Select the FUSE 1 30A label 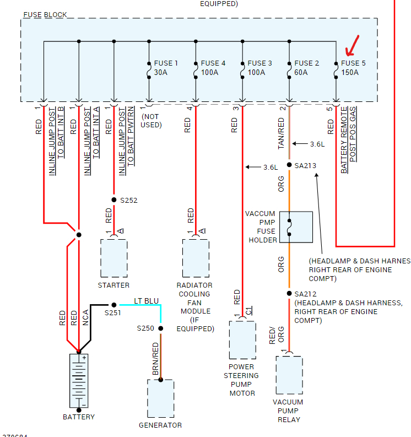[165, 68]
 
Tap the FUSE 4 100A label [212, 68]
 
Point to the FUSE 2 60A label [306, 68]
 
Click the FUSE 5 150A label [353, 68]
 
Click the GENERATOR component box [160, 398]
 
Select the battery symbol [79, 380]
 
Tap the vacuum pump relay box [289, 375]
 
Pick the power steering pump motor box [242, 339]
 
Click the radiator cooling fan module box [196, 258]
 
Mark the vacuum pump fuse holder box [296, 226]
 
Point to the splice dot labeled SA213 [289, 165]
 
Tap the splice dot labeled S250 [160, 328]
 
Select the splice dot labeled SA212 [289, 294]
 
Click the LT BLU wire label [147, 301]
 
